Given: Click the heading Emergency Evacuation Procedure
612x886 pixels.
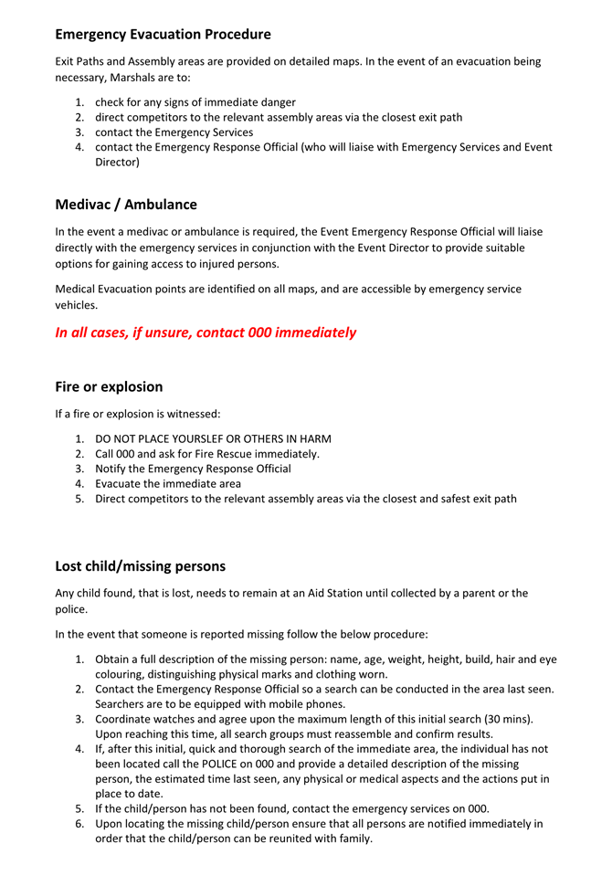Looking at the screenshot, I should (x=163, y=35).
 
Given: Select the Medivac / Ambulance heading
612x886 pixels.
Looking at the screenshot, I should (x=125, y=205).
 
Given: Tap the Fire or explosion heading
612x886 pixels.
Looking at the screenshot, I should (x=109, y=386).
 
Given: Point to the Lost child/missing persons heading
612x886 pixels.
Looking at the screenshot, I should (x=140, y=566).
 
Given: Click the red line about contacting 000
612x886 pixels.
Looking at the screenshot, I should (x=206, y=332).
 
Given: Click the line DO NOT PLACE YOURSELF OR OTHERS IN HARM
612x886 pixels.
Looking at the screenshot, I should (x=213, y=438).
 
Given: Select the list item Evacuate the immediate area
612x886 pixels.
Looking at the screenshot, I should (x=168, y=484).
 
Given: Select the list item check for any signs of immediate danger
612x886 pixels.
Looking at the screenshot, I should (x=195, y=102).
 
